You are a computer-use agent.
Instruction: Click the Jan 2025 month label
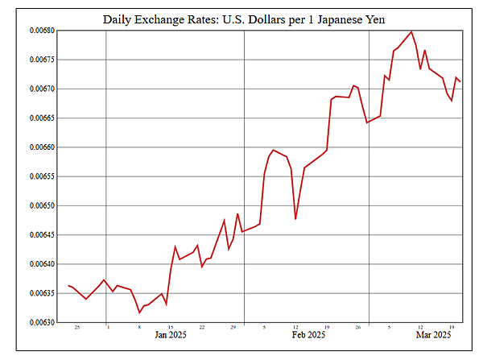(171, 334)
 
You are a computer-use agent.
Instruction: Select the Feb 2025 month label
(309, 334)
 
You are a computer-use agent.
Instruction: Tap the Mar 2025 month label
(432, 334)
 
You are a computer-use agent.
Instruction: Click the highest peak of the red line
(411, 31)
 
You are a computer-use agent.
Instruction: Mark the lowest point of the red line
(139, 312)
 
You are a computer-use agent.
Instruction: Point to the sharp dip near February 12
(295, 218)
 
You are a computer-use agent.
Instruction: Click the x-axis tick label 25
(76, 327)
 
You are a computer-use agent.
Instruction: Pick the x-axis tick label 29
(233, 327)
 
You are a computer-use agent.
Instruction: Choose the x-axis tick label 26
(357, 327)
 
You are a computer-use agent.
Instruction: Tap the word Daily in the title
(119, 18)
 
